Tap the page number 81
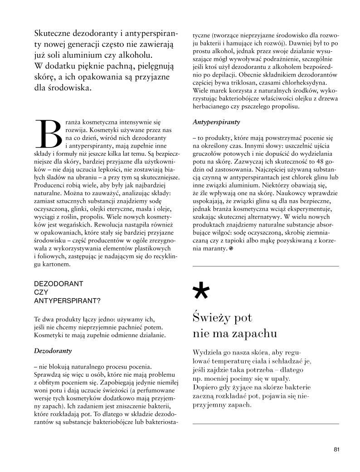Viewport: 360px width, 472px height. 336,450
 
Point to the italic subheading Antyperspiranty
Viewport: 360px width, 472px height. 216,123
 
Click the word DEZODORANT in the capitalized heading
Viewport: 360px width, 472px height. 58,284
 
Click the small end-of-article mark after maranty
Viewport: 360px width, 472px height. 231,249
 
